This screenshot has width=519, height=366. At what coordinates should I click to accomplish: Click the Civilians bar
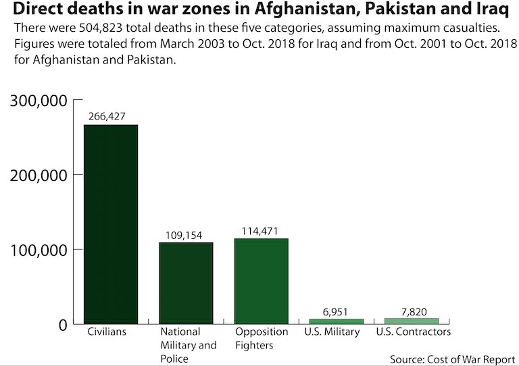110,224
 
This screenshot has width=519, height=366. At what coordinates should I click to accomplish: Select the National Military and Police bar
186,283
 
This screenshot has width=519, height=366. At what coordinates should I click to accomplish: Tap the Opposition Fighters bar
262,281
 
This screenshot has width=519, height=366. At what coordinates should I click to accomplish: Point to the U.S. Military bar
336,321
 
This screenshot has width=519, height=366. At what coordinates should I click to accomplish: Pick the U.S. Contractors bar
412,321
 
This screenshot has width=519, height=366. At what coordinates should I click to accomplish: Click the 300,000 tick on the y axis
39,101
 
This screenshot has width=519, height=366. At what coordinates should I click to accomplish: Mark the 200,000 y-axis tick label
39,175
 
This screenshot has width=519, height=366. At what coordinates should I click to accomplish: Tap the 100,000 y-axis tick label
39,250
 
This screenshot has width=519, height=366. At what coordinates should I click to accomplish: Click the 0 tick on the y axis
61,325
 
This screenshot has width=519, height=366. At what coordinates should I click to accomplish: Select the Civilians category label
107,332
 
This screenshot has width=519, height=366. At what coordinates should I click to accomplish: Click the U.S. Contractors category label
413,332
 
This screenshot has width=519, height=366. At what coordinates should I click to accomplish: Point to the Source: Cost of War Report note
452,358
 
